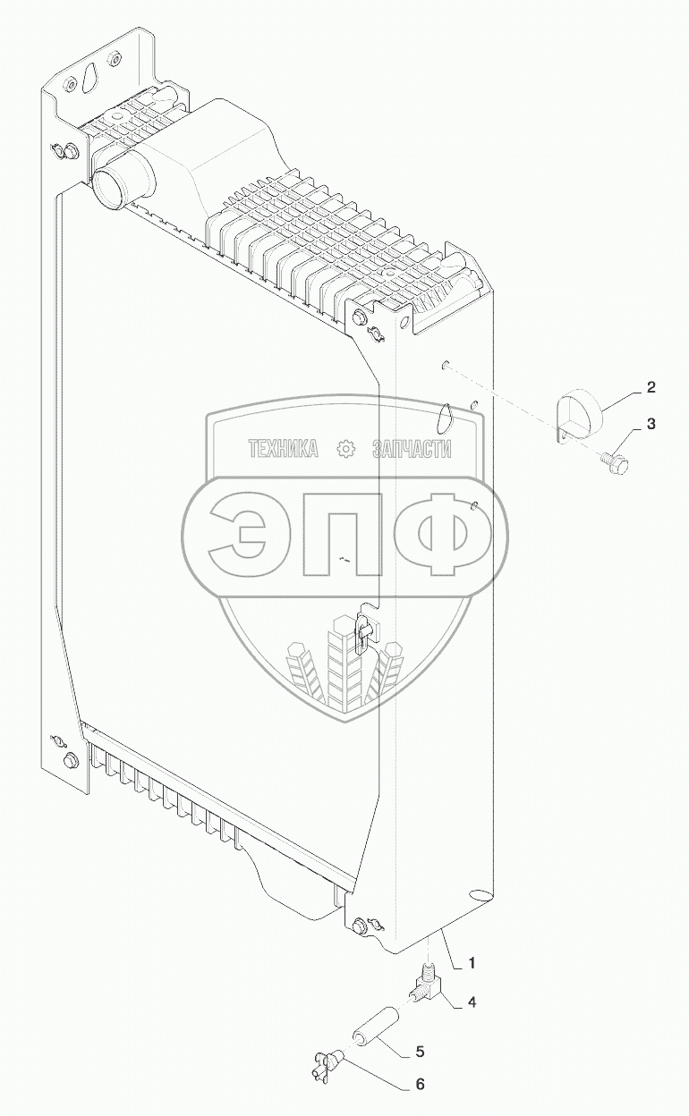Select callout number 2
coord(651,387)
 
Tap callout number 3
coord(651,423)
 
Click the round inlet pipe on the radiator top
coord(110,186)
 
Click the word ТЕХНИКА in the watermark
coord(284,450)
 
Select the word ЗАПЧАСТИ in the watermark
coord(412,450)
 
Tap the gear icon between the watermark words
coord(344,450)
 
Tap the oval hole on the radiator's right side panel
coord(445,417)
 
